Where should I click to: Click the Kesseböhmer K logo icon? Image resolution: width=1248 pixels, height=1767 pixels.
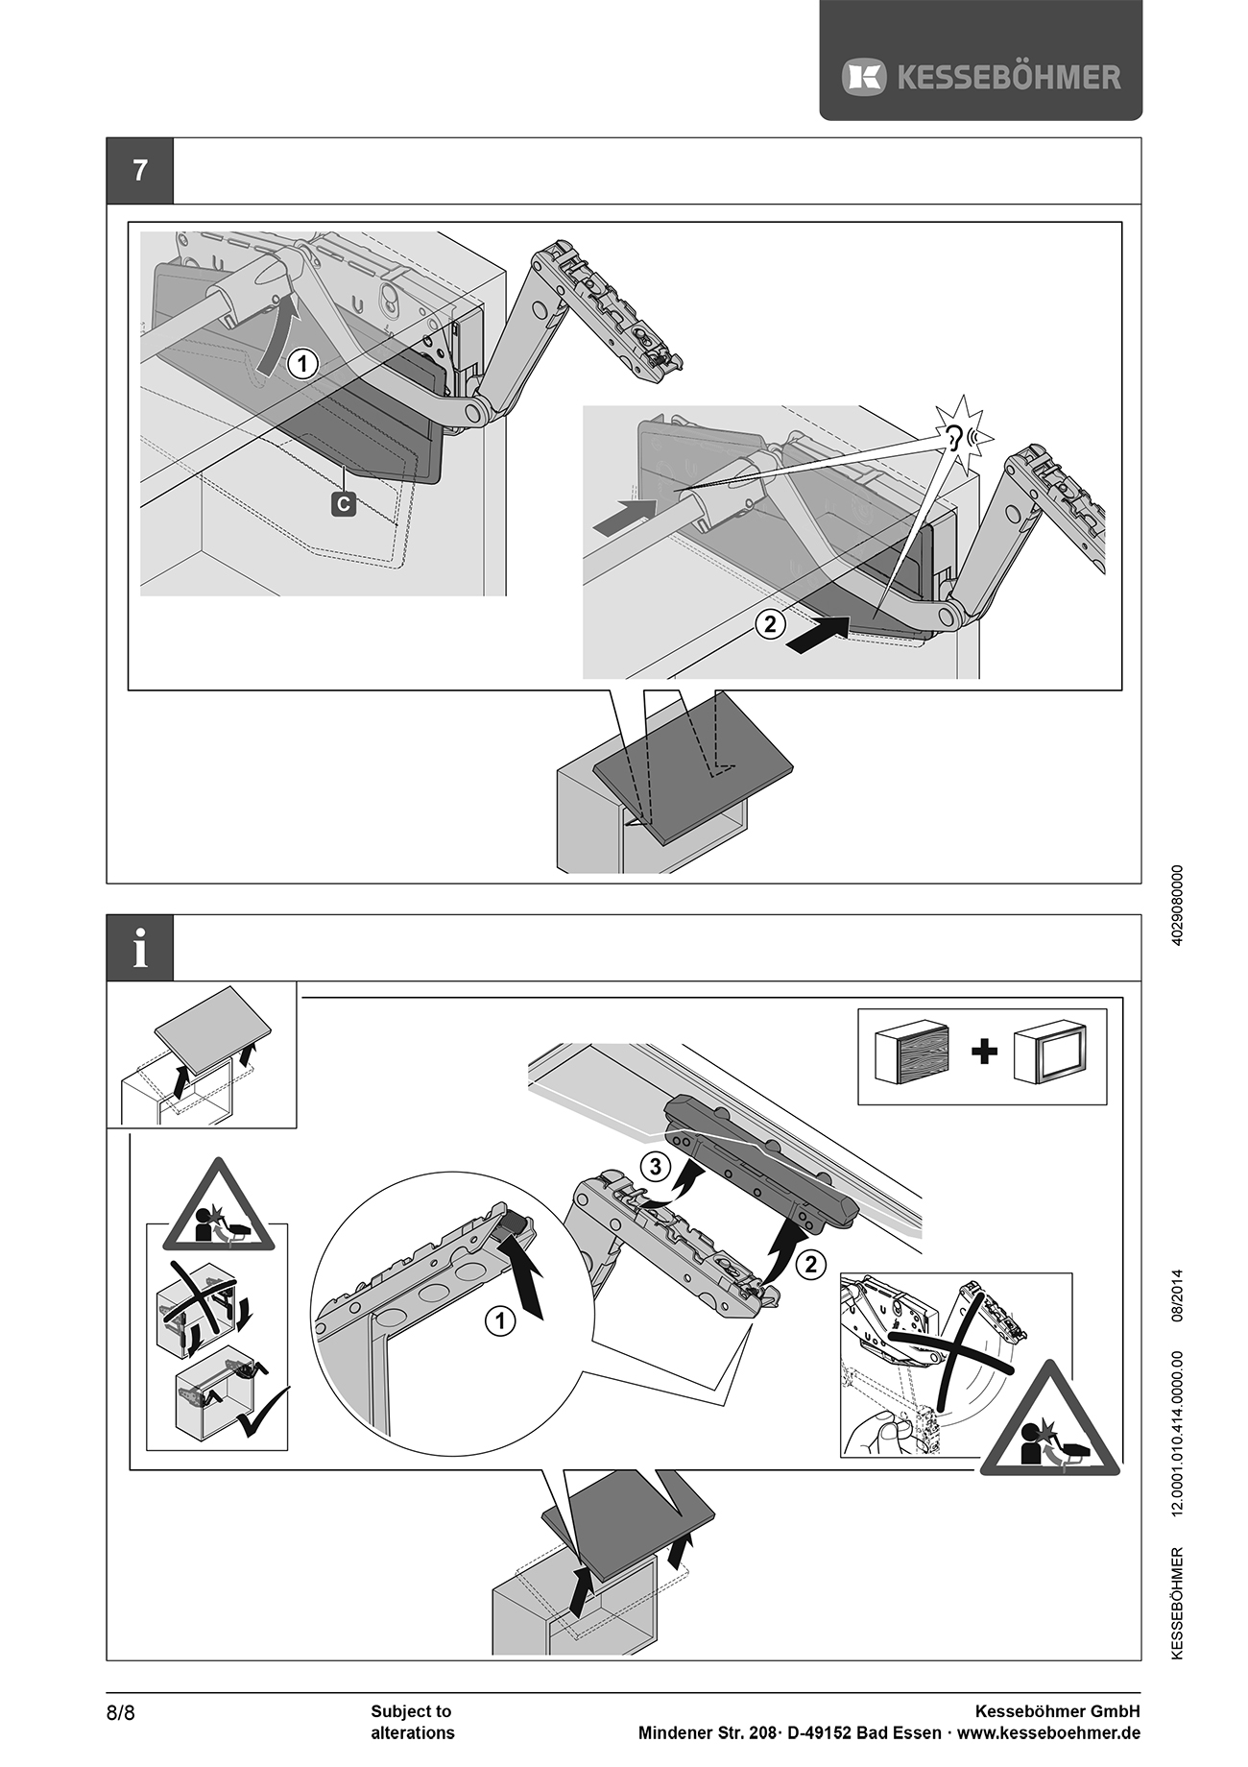click(863, 77)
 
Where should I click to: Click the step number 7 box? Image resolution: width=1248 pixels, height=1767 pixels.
click(140, 171)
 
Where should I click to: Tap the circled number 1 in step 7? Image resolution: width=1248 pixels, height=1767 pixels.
click(302, 365)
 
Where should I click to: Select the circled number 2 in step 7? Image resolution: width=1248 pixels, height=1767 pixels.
click(770, 624)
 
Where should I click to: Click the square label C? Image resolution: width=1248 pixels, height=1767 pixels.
click(344, 503)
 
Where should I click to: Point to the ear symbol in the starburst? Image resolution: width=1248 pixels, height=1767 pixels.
click(954, 438)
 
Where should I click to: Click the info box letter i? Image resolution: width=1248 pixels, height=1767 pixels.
click(140, 948)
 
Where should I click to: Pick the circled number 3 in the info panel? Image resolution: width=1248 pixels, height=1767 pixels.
click(655, 1167)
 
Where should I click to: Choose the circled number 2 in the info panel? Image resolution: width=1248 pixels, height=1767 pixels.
click(811, 1264)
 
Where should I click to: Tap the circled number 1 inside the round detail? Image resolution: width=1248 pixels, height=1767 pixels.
click(499, 1321)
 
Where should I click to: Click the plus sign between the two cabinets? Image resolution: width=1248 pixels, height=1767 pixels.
click(984, 1052)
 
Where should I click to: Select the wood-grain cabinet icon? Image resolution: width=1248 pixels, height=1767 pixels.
click(912, 1053)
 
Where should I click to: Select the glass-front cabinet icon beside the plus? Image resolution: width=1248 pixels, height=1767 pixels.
click(1051, 1053)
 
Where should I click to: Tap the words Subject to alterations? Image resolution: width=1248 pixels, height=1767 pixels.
click(412, 1722)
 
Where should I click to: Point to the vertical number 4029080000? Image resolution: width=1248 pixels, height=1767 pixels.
click(1178, 905)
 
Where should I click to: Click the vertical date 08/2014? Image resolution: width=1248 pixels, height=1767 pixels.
click(1178, 1296)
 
